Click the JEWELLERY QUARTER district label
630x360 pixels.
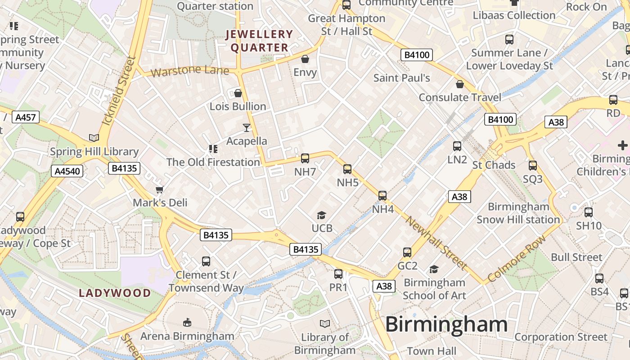[x=259, y=40]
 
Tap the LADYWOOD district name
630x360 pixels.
[x=115, y=293]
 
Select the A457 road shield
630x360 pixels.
[x=26, y=117]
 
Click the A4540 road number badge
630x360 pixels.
[x=68, y=171]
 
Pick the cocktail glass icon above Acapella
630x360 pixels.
[x=246, y=128]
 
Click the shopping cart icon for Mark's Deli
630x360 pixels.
[x=159, y=189]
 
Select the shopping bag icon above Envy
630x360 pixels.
[x=305, y=59]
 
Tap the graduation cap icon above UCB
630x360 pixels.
[x=321, y=216]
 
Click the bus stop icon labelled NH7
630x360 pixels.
[x=305, y=158]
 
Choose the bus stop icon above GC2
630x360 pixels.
[x=407, y=252]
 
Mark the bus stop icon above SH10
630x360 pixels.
[x=589, y=212]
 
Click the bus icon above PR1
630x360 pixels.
[x=338, y=274]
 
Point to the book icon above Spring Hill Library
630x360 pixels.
[x=94, y=138]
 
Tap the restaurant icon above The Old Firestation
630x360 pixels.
[x=213, y=149]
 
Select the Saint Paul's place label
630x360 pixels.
[x=402, y=78]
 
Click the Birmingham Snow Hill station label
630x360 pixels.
[x=518, y=213]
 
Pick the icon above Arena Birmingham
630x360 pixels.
[x=187, y=322]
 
